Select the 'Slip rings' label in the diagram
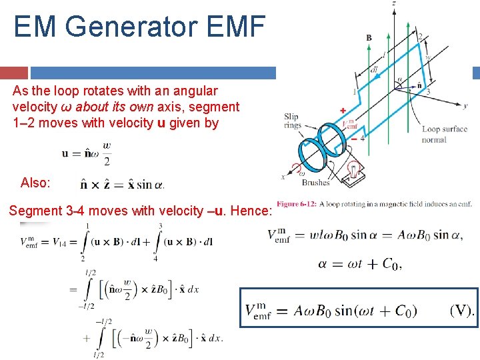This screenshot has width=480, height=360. coord(292,121)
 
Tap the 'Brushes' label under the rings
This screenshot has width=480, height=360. coord(316,182)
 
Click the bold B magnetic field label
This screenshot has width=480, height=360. coord(369,38)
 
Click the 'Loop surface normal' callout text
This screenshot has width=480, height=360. coord(444,134)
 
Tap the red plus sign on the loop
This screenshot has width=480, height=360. coord(343,109)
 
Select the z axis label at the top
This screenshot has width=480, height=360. coord(394,4)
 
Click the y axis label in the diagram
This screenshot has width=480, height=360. coord(465,105)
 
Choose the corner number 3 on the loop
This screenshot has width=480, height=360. coord(427,91)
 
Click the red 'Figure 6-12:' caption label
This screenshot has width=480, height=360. coord(297,204)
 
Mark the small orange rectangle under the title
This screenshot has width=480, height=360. coord(14,73)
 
